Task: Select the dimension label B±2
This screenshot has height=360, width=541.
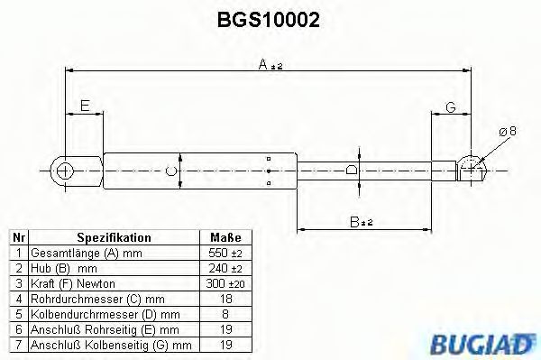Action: pyautogui.click(x=363, y=219)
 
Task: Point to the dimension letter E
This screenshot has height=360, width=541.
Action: pyautogui.click(x=84, y=106)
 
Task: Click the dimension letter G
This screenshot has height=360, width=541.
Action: pyautogui.click(x=451, y=108)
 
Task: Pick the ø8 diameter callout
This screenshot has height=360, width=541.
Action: pyautogui.click(x=507, y=132)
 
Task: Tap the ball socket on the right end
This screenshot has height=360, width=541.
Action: pyautogui.click(x=470, y=167)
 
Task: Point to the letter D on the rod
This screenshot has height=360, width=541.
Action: pyautogui.click(x=352, y=168)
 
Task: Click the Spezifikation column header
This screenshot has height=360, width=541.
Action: pyautogui.click(x=114, y=237)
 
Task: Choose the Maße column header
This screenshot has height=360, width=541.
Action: pyautogui.click(x=222, y=237)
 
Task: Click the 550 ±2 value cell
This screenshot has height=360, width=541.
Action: pyautogui.click(x=222, y=254)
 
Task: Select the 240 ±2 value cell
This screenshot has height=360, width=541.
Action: pyautogui.click(x=222, y=269)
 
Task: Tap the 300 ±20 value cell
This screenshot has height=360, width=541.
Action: pyautogui.click(x=222, y=284)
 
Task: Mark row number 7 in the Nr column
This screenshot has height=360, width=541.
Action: pyautogui.click(x=18, y=345)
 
